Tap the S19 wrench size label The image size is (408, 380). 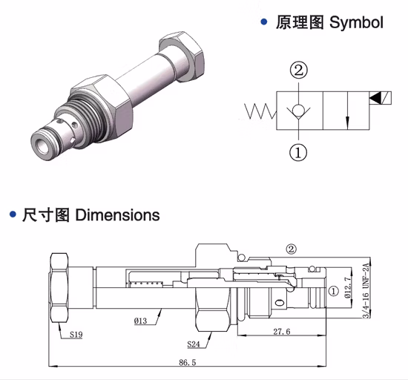coord(77,335)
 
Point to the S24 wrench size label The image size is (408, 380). coord(195,344)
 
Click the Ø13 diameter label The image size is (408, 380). coord(142,321)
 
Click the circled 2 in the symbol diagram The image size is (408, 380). coord(298,71)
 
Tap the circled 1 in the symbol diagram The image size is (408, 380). coord(298,153)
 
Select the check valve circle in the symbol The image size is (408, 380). coord(298,111)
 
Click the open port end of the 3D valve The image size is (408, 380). coord(42,142)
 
